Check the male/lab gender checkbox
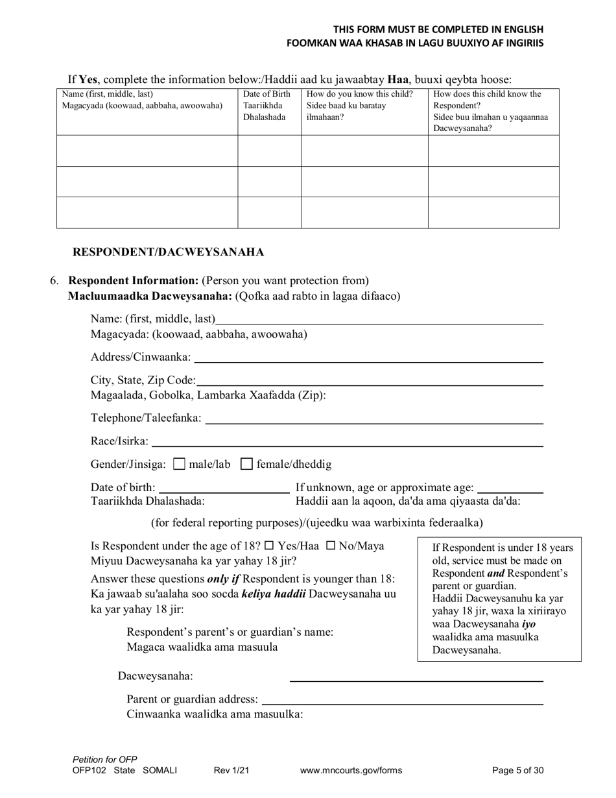[x=180, y=465]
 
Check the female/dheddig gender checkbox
[x=246, y=465]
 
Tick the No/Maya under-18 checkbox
[x=330, y=546]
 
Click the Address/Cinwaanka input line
[x=368, y=357]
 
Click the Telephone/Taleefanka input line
[x=373, y=419]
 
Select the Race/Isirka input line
[x=347, y=442]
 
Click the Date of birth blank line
[x=224, y=488]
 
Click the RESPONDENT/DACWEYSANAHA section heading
[x=168, y=252]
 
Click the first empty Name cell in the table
[x=147, y=151]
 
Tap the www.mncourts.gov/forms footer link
[x=351, y=771]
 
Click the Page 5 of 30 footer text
[x=517, y=771]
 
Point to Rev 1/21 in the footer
[x=231, y=771]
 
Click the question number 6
[x=54, y=281]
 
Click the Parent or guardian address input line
[x=402, y=700]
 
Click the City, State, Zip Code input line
[x=369, y=380]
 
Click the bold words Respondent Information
[x=134, y=281]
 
